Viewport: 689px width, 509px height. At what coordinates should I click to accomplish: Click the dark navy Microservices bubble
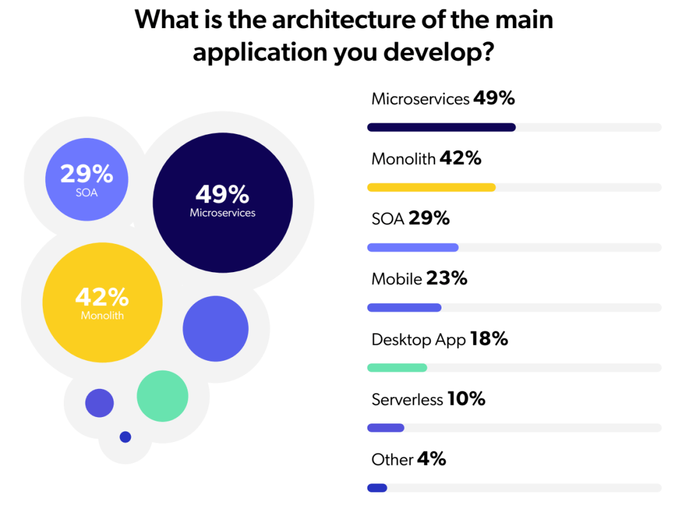click(223, 202)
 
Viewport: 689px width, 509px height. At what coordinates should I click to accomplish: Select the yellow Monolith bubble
click(102, 303)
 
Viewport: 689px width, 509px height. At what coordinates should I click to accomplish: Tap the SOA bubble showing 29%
click(87, 179)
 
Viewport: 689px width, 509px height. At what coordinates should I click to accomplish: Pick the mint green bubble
click(163, 396)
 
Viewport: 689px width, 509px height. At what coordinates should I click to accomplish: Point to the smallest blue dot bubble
click(126, 437)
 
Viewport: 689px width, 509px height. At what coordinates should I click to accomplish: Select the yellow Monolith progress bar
click(431, 187)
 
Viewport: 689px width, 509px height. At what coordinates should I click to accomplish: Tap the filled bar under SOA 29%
click(413, 247)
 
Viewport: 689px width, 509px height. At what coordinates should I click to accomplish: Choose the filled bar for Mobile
click(404, 307)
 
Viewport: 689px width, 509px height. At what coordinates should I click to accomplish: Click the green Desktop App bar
click(397, 367)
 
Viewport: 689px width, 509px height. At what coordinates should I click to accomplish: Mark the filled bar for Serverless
click(386, 427)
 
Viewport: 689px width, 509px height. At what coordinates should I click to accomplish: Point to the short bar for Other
click(377, 488)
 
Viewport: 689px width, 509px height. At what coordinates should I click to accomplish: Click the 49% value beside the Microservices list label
click(494, 98)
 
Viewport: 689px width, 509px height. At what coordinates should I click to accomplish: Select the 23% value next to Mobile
click(447, 278)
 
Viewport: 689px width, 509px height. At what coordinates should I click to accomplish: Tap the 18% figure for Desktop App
click(489, 338)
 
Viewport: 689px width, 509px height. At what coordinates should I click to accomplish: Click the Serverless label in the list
click(407, 400)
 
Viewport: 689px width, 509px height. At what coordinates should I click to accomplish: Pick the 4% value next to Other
click(432, 459)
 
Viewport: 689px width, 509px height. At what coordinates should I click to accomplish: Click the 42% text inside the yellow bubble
click(102, 296)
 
